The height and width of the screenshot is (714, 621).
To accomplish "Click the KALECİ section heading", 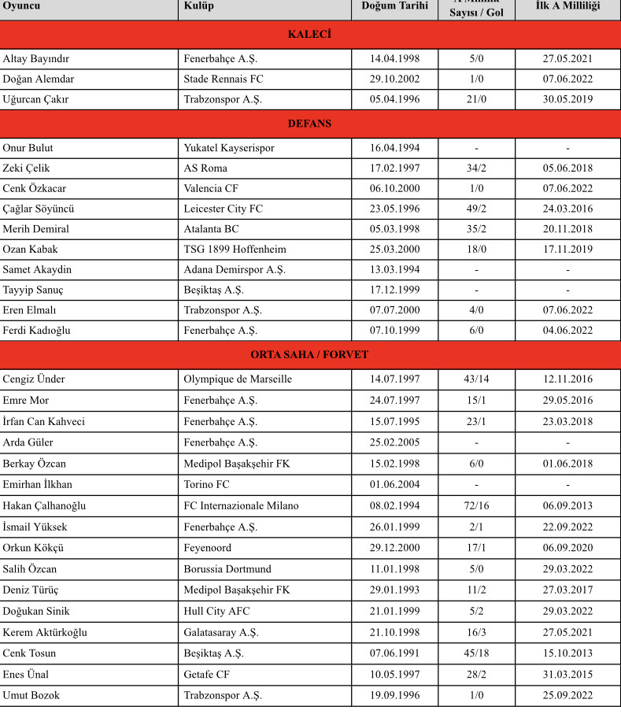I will tap(309, 35).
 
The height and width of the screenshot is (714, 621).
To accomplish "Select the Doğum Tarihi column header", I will tap(394, 6).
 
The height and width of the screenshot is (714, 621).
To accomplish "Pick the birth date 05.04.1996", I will tap(394, 100).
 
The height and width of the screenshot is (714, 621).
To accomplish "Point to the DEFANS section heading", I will tap(309, 124).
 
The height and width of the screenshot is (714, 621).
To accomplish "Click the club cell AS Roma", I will tap(205, 168).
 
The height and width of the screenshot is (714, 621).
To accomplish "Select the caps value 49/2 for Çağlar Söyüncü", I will tap(476, 209).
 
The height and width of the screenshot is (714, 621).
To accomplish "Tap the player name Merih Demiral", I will tap(36, 229).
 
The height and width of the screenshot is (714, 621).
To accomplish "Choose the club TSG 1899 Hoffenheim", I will tap(235, 250).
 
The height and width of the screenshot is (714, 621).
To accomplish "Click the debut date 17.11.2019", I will tap(567, 250).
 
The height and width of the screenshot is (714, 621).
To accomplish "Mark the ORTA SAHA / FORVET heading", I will tap(309, 355).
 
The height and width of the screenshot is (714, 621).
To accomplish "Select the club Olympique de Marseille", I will tap(238, 379).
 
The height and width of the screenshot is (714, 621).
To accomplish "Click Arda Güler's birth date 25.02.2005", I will tap(394, 442).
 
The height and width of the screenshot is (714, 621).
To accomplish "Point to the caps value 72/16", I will tap(476, 505).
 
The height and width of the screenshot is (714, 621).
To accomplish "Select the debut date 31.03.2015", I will tap(567, 675).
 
